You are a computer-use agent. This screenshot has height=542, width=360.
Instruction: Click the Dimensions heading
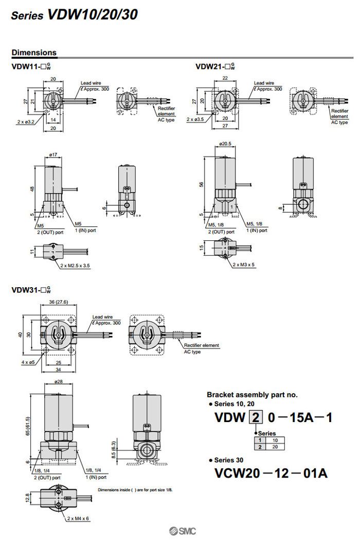pyautogui.click(x=34, y=53)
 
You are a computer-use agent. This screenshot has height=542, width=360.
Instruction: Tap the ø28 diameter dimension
pyautogui.click(x=58, y=382)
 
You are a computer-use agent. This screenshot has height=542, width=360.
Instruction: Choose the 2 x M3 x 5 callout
pyautogui.click(x=243, y=264)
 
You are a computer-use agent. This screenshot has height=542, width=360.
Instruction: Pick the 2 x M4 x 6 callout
pyautogui.click(x=78, y=518)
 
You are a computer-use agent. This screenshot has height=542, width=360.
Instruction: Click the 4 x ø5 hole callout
pyautogui.click(x=28, y=362)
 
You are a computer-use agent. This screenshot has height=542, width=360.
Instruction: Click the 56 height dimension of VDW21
pyautogui.click(x=202, y=184)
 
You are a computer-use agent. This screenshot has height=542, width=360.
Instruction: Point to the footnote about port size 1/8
pyautogui.click(x=135, y=489)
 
